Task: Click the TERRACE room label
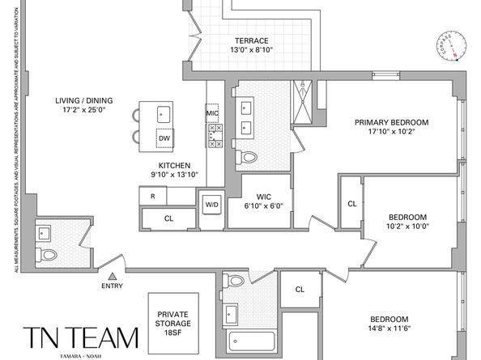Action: tap(251, 40)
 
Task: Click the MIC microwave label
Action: tap(212, 113)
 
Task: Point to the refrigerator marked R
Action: tap(151, 197)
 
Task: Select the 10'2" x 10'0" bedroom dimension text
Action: tap(407, 227)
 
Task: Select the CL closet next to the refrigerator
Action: tap(168, 218)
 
